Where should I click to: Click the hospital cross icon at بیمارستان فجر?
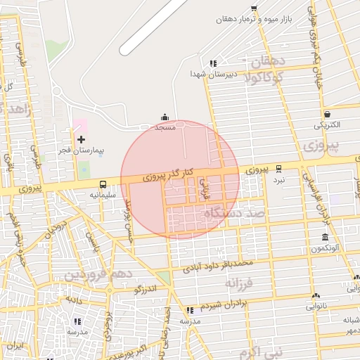pyautogui.click(x=81, y=140)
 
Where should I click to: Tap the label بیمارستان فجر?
pyautogui.click(x=80, y=151)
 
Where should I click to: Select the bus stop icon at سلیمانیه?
pyautogui.click(x=103, y=184)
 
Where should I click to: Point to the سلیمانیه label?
pyautogui.click(x=103, y=194)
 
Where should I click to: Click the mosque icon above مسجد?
pyautogui.click(x=165, y=117)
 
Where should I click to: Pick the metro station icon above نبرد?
pyautogui.click(x=279, y=169)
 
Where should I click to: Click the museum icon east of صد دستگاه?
pyautogui.click(x=324, y=238)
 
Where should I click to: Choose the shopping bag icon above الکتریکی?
pyautogui.click(x=327, y=114)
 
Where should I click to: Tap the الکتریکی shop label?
pyautogui.click(x=327, y=125)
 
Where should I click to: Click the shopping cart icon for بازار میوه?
pyautogui.click(x=254, y=8)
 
